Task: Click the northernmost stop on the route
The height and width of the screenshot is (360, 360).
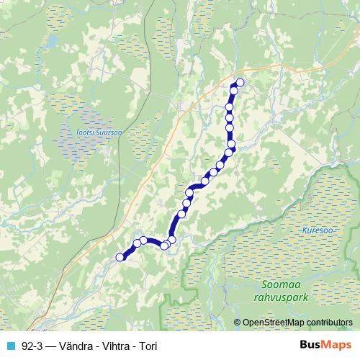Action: (x=240, y=82)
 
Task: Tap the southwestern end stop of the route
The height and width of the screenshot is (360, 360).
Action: (x=120, y=257)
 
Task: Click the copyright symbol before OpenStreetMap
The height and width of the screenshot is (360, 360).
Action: (x=238, y=322)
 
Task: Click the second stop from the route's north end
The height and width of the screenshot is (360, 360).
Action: (x=233, y=89)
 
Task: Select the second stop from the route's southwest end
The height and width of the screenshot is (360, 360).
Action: (x=137, y=243)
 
